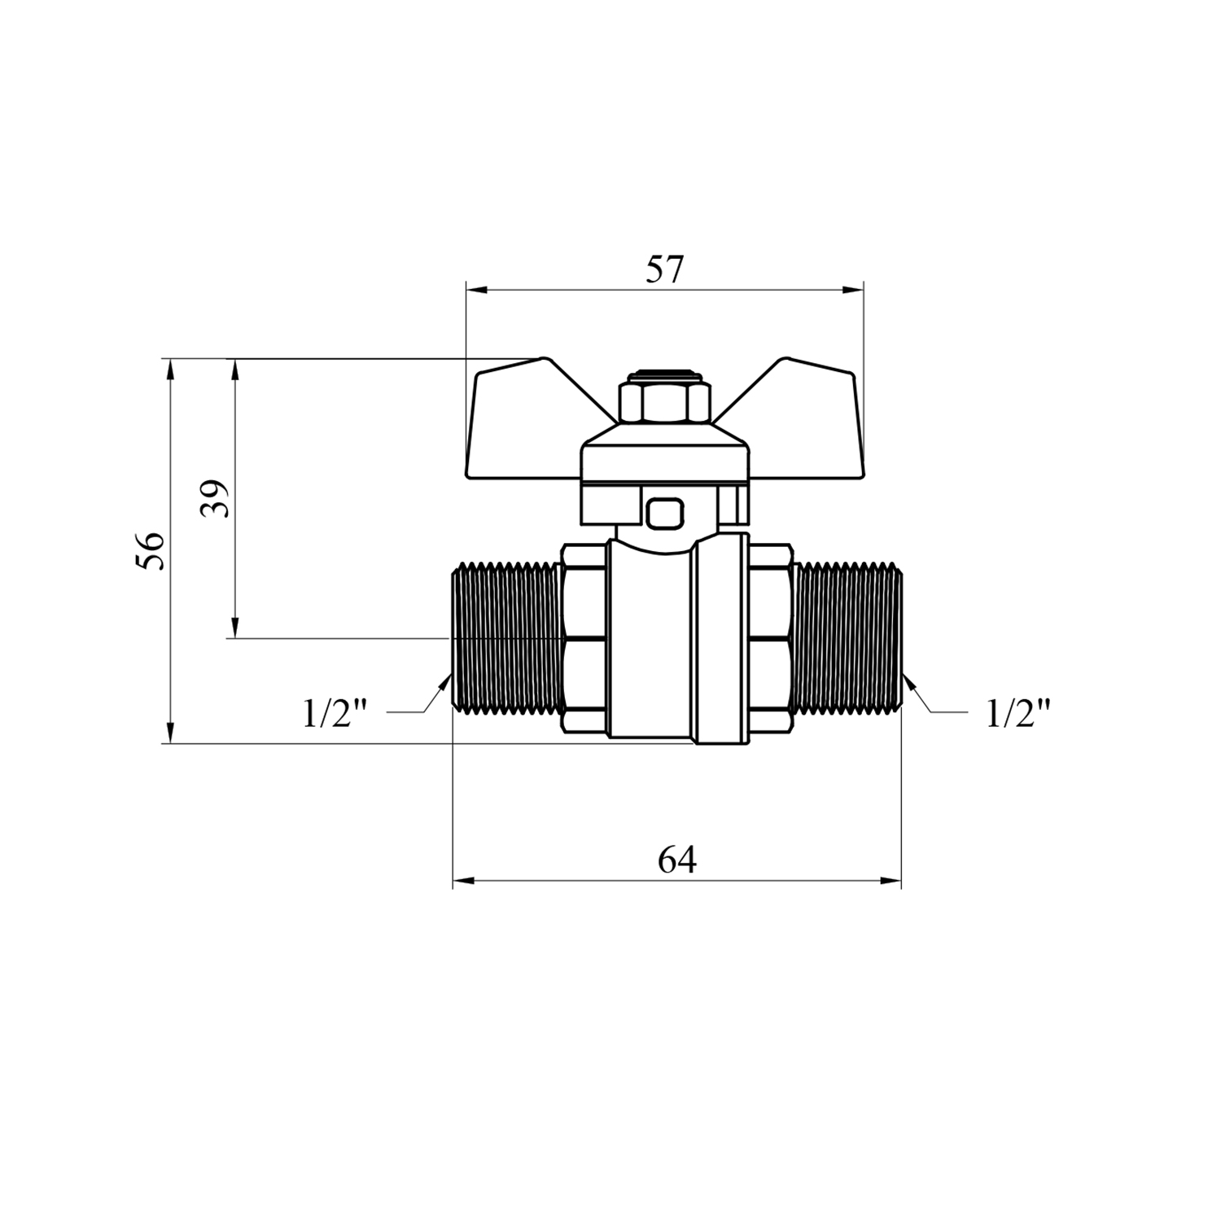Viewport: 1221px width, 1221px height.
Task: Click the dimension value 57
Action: (x=665, y=269)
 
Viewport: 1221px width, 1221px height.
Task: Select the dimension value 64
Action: (x=677, y=860)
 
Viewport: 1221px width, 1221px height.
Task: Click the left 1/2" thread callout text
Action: (x=335, y=714)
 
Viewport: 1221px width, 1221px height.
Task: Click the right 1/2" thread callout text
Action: (x=1018, y=714)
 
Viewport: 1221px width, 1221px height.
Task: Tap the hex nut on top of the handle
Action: (x=665, y=400)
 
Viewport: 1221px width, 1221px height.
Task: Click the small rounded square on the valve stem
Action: (x=664, y=514)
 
